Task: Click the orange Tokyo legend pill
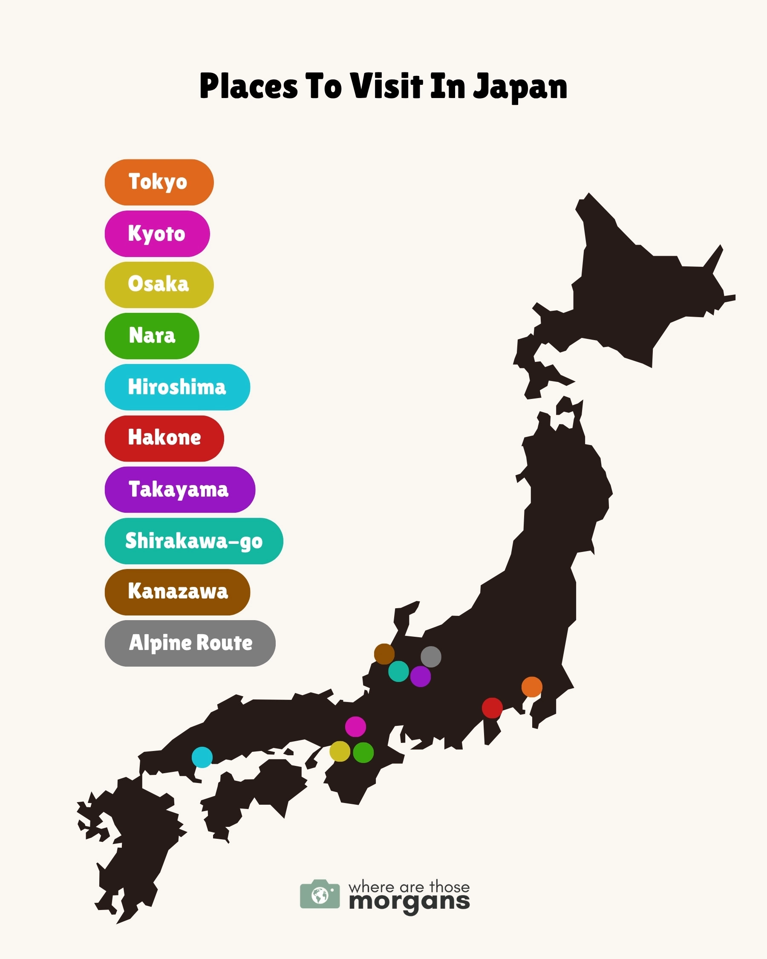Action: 159,182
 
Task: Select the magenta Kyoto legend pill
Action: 157,234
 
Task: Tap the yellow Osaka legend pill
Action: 159,285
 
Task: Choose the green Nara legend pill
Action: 152,336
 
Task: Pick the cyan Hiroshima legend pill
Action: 177,387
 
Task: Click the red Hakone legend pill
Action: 164,438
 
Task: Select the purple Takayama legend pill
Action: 180,489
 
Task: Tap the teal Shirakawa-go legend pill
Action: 193,541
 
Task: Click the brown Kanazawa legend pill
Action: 177,592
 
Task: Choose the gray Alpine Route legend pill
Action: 190,643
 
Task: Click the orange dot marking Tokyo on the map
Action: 532,687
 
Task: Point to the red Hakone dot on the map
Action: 492,708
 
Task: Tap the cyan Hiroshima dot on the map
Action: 202,757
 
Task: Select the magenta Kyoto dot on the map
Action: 355,727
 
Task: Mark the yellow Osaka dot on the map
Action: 340,751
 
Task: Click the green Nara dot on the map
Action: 363,753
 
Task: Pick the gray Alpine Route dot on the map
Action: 431,656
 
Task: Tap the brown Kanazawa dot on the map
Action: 384,654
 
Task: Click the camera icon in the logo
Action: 320,894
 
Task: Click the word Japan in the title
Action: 520,87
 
